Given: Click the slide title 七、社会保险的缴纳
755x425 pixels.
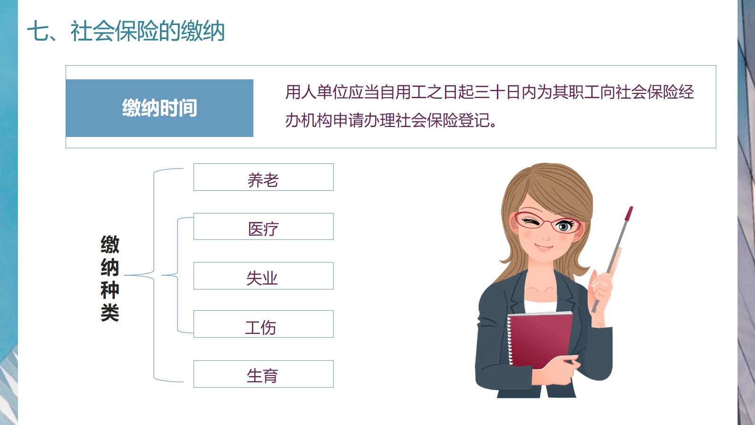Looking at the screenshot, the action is [126, 31].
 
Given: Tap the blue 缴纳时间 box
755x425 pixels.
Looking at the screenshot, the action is [159, 108].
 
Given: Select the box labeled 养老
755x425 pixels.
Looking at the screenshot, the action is [263, 177].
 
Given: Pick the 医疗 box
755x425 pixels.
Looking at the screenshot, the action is [263, 226].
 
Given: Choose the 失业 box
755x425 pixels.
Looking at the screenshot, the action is [263, 276].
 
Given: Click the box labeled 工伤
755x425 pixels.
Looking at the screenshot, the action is [263, 324].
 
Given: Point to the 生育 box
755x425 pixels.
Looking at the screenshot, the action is [263, 374].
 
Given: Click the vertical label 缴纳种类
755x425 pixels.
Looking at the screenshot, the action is [110, 278].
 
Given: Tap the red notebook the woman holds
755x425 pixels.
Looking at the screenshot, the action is [539, 340].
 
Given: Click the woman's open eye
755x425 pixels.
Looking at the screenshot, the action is [564, 225].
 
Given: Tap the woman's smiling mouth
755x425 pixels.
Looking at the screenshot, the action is [544, 247].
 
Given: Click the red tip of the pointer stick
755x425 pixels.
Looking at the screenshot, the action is [629, 214].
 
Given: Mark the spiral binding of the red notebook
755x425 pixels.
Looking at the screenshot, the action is [510, 340].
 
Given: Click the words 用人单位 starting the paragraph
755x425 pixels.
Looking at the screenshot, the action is [317, 92].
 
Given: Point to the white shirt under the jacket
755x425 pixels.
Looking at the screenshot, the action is [540, 306].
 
